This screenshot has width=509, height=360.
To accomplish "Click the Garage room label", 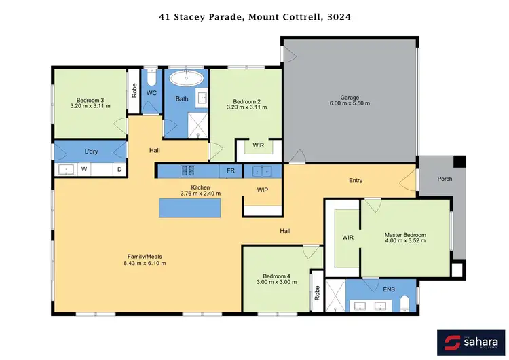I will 350,98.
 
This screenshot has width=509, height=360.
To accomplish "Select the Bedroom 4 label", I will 277,276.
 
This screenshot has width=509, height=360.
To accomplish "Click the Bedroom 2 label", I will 244,100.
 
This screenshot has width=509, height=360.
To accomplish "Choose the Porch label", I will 445,179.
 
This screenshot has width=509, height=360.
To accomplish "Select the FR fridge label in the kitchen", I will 231,170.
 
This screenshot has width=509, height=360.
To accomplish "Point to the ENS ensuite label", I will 389,289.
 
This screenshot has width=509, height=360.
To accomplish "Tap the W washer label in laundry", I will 83,170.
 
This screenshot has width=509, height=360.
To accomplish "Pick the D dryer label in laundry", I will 119,170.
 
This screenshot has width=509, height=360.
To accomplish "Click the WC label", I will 152,92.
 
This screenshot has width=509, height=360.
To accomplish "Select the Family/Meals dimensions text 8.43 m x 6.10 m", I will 145,263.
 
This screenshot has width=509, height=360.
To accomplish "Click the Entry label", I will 355,180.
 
